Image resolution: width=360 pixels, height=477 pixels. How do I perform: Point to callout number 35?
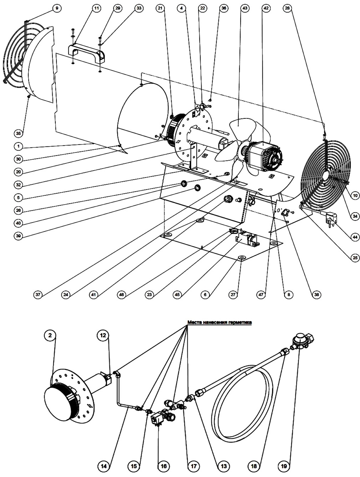point(18,133)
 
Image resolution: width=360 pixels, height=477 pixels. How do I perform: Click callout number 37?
point(38,295)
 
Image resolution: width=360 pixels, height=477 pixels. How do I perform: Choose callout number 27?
point(233,295)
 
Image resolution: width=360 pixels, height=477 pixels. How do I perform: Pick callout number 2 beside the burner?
point(50,335)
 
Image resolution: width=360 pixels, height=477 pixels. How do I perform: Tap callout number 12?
point(103,335)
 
